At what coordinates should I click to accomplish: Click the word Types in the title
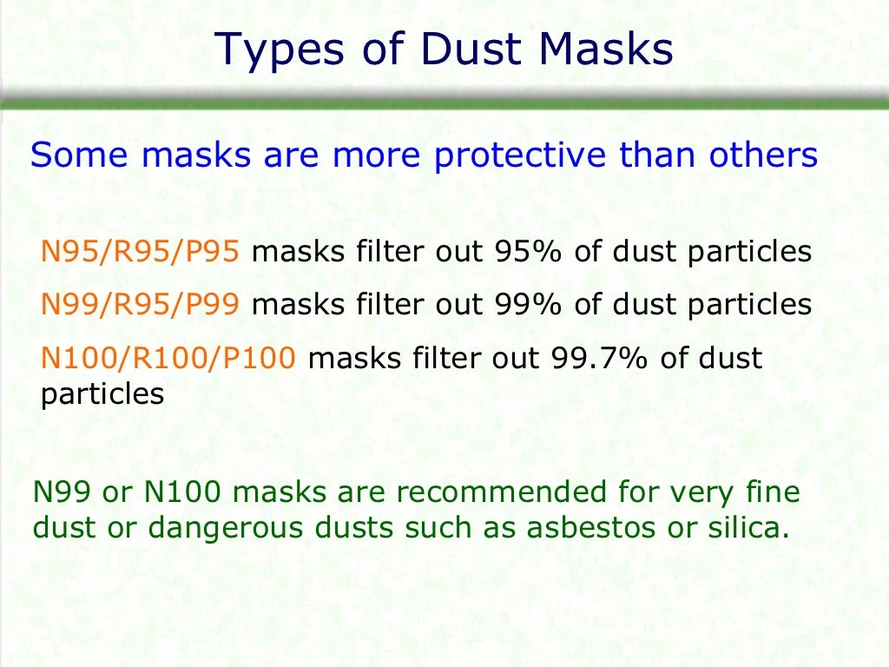coord(268,50)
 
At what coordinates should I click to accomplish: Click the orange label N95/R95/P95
coord(139,253)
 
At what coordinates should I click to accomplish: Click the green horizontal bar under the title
coord(444,102)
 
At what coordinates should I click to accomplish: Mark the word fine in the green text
coord(771,493)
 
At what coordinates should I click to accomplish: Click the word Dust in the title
coord(469,50)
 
